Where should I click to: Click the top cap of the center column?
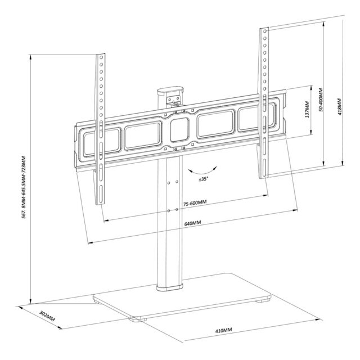pyautogui.click(x=171, y=90)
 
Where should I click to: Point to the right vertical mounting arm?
pyautogui.click(x=263, y=101)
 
